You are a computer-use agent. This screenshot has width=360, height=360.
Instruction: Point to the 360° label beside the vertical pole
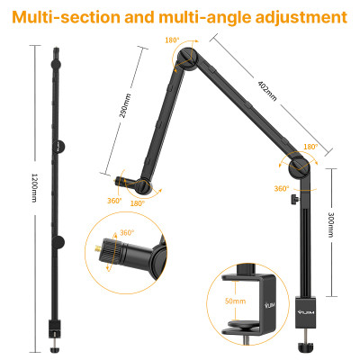282,189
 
